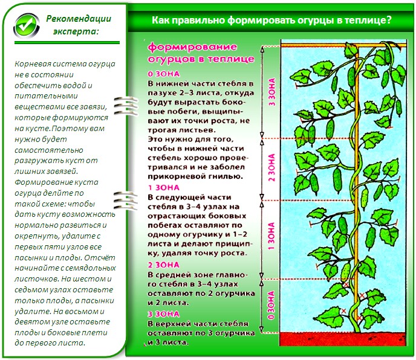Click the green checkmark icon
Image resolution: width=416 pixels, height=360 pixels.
coord(26,26)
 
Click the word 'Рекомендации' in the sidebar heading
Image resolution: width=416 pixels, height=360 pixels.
coord(79,19)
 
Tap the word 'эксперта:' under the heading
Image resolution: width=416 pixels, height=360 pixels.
coord(76,31)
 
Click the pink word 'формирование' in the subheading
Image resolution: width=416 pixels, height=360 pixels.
coord(192,47)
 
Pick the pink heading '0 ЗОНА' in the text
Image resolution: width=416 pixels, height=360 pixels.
coord(164,74)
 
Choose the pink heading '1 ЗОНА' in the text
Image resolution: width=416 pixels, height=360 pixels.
coord(164,188)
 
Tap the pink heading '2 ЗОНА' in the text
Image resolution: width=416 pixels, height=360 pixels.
coord(164,265)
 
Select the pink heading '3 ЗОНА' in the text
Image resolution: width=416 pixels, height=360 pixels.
coord(164,314)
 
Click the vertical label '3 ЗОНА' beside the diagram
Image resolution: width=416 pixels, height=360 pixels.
coord(272,92)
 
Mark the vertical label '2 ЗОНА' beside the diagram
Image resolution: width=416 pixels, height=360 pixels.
coord(272,167)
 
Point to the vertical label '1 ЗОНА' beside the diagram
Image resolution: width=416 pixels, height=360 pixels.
coord(271,236)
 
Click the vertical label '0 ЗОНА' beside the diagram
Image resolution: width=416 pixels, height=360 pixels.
coord(271,305)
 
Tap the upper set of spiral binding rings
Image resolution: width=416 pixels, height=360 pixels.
coord(126,106)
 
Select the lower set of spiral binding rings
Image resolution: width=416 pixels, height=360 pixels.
coord(126,201)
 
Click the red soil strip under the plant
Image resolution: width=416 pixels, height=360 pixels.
coord(343,339)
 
